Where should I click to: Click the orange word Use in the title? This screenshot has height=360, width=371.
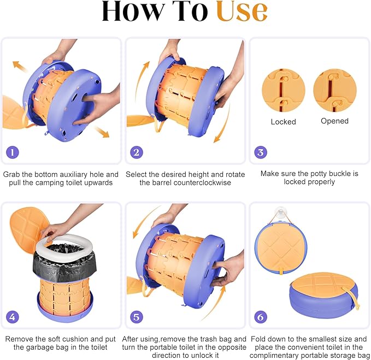point(242,11)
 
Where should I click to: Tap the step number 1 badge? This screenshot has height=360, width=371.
point(13,152)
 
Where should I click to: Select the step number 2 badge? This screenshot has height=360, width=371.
point(137,152)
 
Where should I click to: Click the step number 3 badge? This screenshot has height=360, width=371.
point(261,152)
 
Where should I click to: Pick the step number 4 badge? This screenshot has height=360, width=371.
point(13,317)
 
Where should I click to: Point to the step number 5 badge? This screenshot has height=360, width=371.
point(137,317)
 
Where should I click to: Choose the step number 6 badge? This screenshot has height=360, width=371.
point(261,317)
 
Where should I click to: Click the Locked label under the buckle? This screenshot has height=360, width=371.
point(284,122)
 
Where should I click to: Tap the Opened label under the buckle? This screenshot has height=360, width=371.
point(334,121)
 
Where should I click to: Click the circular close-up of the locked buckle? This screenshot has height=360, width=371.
point(284,90)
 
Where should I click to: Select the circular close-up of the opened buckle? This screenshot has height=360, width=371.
point(335,90)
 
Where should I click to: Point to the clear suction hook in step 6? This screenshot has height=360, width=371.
point(279,214)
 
